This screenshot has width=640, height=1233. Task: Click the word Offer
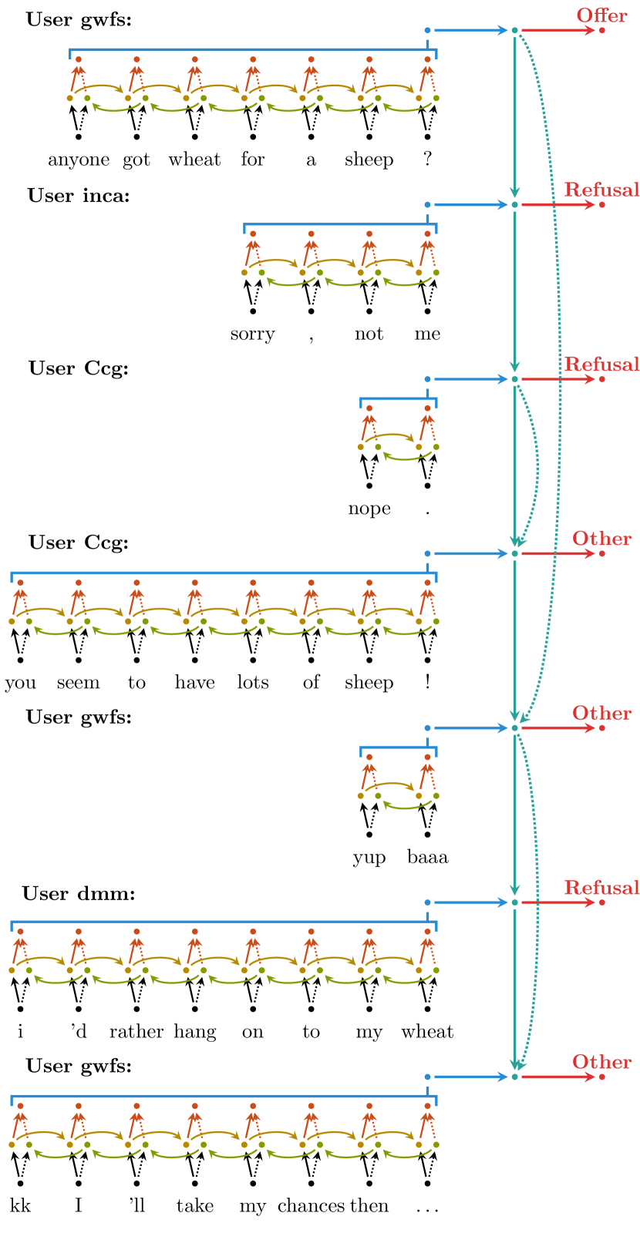[601, 15]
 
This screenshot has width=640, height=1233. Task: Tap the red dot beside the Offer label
[602, 31]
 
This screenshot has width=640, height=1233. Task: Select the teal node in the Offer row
[514, 31]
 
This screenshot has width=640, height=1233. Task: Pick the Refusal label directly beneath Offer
[601, 190]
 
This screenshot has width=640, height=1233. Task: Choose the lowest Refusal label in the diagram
[601, 887]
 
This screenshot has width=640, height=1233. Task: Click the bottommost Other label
[601, 1062]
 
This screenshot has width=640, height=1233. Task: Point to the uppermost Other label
[601, 539]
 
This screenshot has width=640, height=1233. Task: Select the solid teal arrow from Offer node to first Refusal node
[514, 116]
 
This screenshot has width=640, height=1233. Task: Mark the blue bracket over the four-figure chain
[339, 224]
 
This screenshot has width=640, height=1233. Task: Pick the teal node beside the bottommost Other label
[514, 1077]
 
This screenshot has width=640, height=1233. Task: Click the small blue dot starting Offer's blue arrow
[427, 31]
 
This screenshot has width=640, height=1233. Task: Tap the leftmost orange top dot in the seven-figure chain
[78, 59]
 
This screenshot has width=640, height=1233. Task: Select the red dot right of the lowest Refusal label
[602, 902]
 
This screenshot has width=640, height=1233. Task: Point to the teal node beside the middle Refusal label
[514, 379]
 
